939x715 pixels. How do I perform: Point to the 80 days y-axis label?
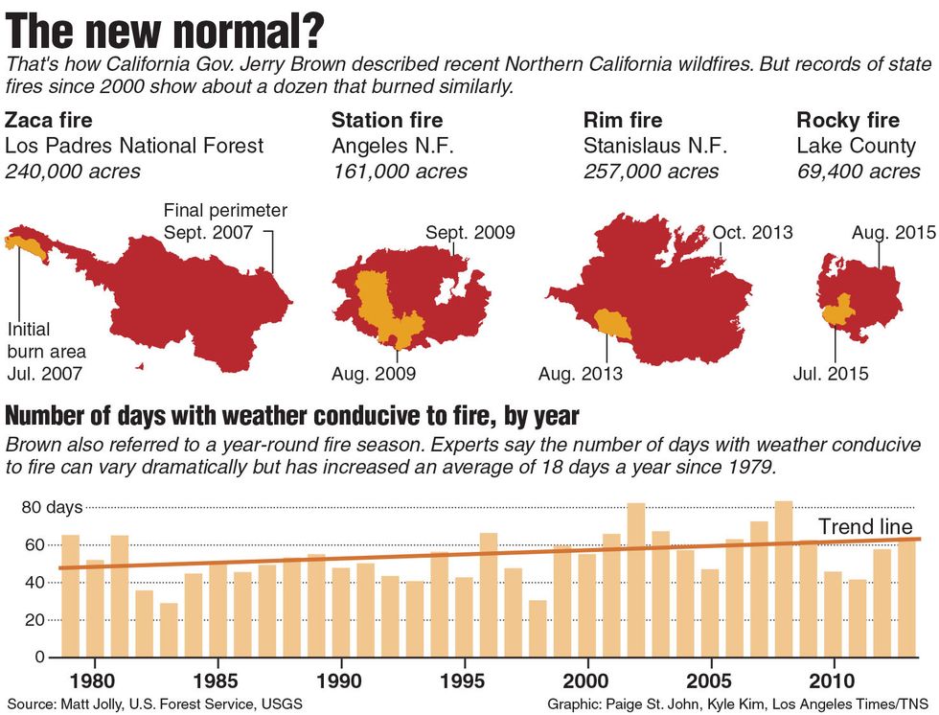pos(52,507)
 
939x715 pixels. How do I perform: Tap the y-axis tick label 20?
pos(35,620)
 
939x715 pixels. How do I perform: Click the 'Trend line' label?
pos(864,526)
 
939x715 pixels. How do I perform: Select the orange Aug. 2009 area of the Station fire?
pos(380,307)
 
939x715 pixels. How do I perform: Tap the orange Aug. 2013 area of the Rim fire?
pos(610,323)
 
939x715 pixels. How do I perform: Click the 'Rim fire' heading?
pos(623,120)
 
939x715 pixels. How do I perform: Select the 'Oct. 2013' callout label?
pos(752,233)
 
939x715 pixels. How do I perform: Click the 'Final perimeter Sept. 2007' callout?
pos(224,220)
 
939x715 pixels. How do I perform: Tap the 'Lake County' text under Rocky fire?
pos(856,147)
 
